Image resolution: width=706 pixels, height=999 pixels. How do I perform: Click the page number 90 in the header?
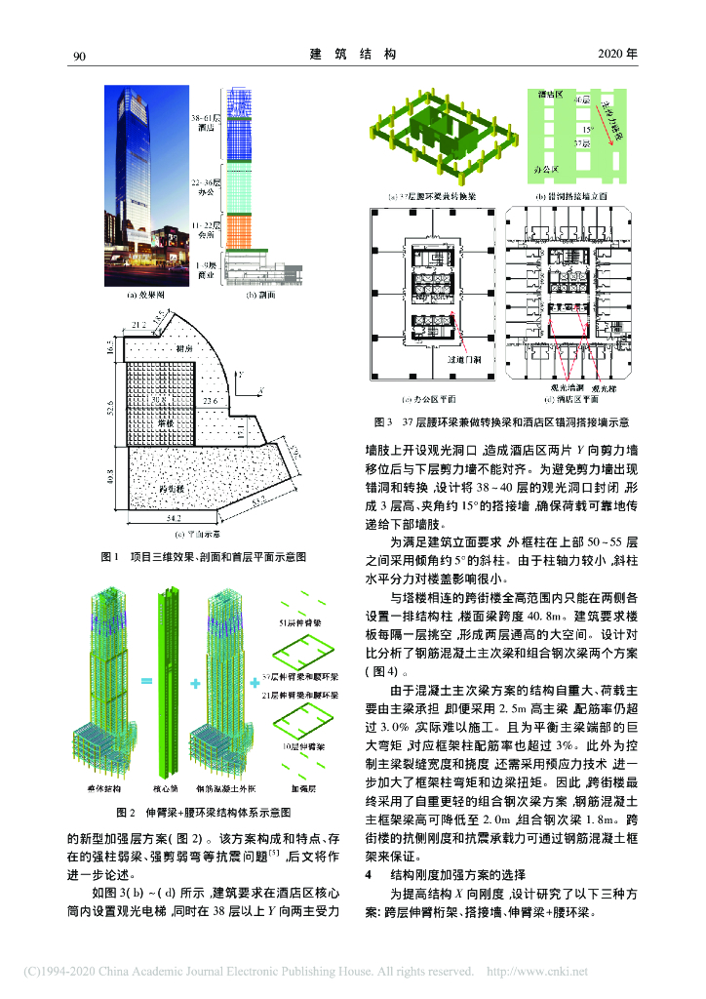tap(80, 55)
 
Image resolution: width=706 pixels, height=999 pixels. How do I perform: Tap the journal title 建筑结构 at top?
tap(352, 55)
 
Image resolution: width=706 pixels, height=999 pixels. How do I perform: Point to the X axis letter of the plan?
tap(261, 390)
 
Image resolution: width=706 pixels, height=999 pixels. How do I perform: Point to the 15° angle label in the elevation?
tap(588, 128)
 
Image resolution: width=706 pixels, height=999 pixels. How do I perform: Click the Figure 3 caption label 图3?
tap(381, 422)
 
